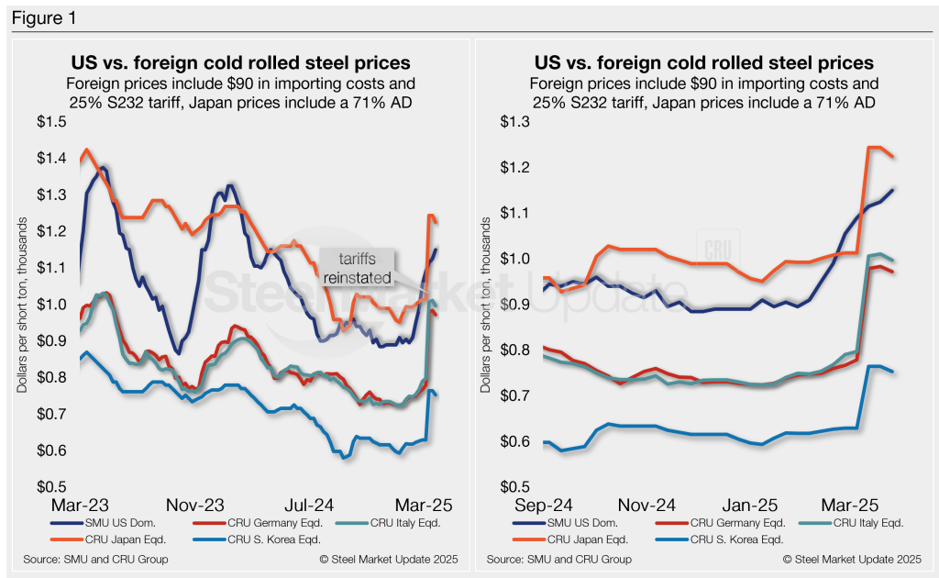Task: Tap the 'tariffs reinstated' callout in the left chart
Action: point(355,268)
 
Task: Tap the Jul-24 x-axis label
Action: point(308,506)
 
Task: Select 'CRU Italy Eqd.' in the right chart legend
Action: point(867,524)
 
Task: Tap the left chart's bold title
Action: point(240,63)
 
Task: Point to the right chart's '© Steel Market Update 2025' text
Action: point(852,559)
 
